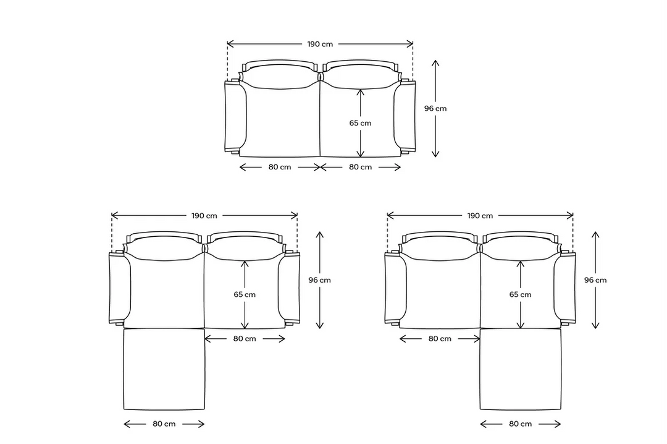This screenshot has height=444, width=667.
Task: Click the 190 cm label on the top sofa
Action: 320,44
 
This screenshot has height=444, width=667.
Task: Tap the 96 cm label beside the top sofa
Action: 435,108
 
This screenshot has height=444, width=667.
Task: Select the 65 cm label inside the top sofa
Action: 360,123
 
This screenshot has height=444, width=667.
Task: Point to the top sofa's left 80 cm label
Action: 280,167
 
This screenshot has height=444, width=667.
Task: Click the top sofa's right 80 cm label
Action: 360,167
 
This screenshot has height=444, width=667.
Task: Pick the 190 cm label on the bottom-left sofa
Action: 204,216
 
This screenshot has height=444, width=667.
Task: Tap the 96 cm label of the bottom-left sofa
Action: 319,280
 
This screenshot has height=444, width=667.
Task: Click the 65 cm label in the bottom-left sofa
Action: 245,294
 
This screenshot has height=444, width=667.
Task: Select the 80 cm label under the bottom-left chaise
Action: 164,424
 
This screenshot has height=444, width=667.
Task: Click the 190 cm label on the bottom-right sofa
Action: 480,216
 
